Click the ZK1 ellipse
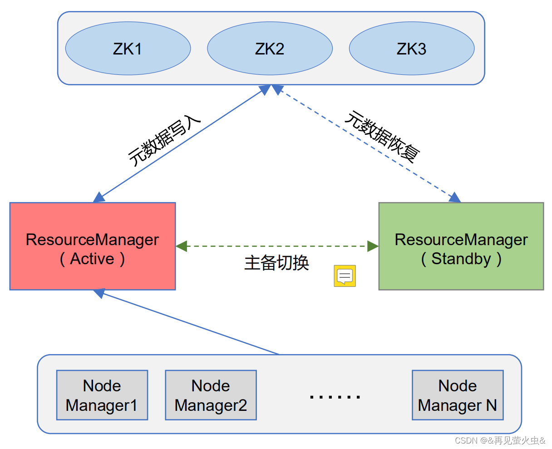tap(128, 49)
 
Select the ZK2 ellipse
tap(270, 49)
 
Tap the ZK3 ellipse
tap(411, 49)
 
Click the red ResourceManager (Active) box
tap(93, 246)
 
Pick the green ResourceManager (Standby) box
tap(461, 246)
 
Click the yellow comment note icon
tap(345, 276)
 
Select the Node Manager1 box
tap(102, 395)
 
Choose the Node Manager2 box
tap(211, 395)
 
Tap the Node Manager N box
tap(458, 395)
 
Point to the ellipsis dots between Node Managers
tap(335, 397)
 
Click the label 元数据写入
tap(164, 140)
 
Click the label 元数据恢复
tap(382, 137)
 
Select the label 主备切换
tap(276, 263)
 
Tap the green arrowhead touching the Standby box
tap(373, 246)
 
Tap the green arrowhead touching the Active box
tap(182, 246)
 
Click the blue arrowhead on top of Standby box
tap(454, 197)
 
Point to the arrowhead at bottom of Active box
tap(99, 293)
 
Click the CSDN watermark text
tap(500, 440)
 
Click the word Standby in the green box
tap(461, 259)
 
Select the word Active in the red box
tap(92, 259)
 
